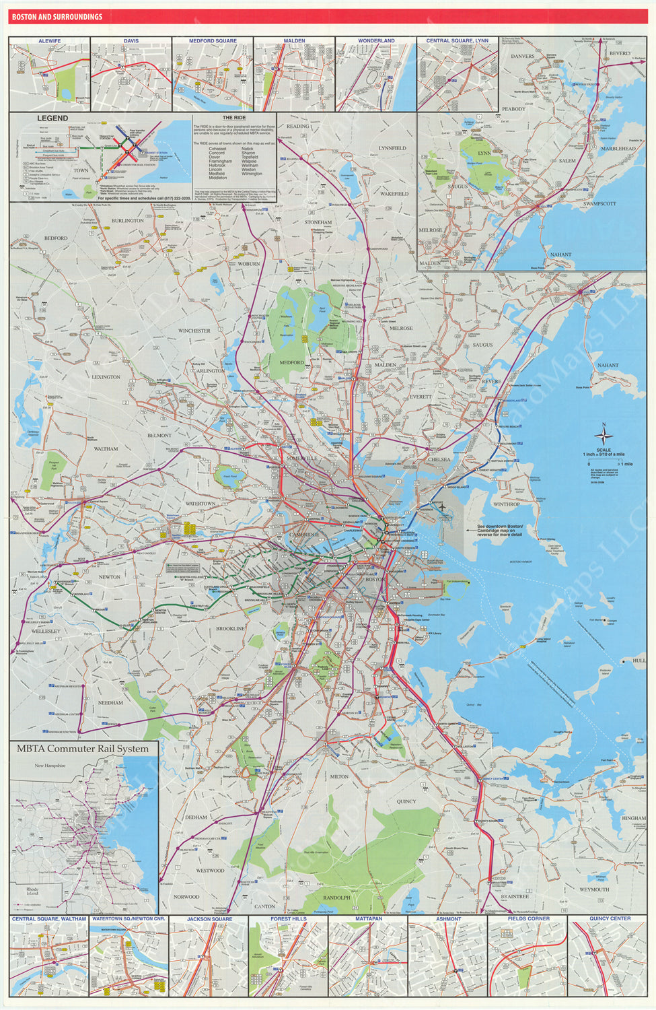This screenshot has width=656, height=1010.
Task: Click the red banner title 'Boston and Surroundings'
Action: [57, 17]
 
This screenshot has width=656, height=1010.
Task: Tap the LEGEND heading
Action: [52, 118]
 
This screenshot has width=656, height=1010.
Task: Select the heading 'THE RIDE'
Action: [234, 118]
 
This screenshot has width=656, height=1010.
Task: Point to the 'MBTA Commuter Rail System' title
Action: [83, 749]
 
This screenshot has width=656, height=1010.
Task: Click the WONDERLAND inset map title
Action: [376, 41]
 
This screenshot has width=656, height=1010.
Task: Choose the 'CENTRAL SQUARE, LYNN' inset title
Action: [458, 41]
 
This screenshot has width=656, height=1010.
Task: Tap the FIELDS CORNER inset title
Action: [528, 918]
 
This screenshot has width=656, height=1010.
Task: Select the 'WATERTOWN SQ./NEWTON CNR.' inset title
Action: [129, 918]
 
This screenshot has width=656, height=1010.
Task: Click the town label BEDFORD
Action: [56, 238]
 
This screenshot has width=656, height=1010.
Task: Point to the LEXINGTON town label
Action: [106, 377]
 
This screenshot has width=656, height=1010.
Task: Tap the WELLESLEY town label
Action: [46, 632]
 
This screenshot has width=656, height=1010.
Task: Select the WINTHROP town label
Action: [506, 504]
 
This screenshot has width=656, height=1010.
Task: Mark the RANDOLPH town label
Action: [336, 898]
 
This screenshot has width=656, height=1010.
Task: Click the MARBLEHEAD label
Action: [618, 149]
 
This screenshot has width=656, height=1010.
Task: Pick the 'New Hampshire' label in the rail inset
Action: [50, 766]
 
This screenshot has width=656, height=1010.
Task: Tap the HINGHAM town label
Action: [633, 818]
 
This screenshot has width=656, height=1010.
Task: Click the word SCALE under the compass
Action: [604, 450]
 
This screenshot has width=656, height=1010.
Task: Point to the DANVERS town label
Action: [523, 57]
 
